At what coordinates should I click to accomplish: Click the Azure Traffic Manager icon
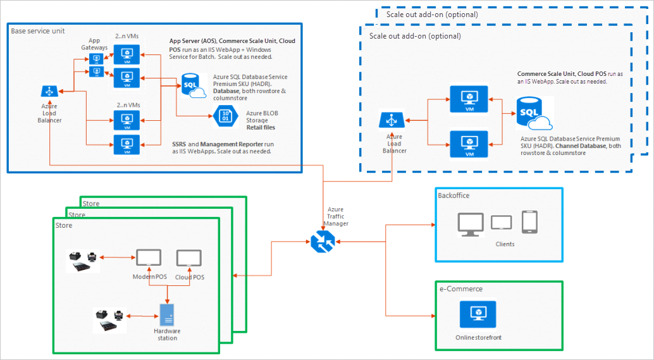pyautogui.click(x=323, y=241)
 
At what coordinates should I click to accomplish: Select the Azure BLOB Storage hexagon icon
pyautogui.click(x=225, y=116)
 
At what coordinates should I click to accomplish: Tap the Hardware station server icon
pyautogui.click(x=167, y=315)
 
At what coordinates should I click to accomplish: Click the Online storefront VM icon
pyautogui.click(x=478, y=314)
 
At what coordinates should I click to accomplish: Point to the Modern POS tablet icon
pyautogui.click(x=149, y=258)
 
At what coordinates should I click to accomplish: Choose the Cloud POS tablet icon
pyautogui.click(x=189, y=258)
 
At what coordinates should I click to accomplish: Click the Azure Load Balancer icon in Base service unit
pyautogui.click(x=49, y=91)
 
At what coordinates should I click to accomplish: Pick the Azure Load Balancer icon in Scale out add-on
pyautogui.click(x=392, y=120)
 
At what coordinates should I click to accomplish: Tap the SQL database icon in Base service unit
pyautogui.click(x=194, y=86)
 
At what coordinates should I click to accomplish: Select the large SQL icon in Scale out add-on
pyautogui.click(x=534, y=113)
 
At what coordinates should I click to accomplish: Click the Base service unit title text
pyautogui.click(x=38, y=31)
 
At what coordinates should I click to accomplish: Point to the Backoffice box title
pyautogui.click(x=453, y=196)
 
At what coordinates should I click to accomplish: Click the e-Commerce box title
pyautogui.click(x=461, y=289)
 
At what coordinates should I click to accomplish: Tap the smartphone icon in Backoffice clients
pyautogui.click(x=529, y=222)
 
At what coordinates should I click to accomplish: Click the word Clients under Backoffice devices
pyautogui.click(x=505, y=244)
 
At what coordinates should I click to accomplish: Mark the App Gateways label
pyautogui.click(x=94, y=44)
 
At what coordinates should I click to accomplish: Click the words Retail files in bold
pyautogui.click(x=261, y=127)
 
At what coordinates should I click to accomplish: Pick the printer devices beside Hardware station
pyautogui.click(x=109, y=320)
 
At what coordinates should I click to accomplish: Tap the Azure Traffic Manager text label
pyautogui.click(x=336, y=216)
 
